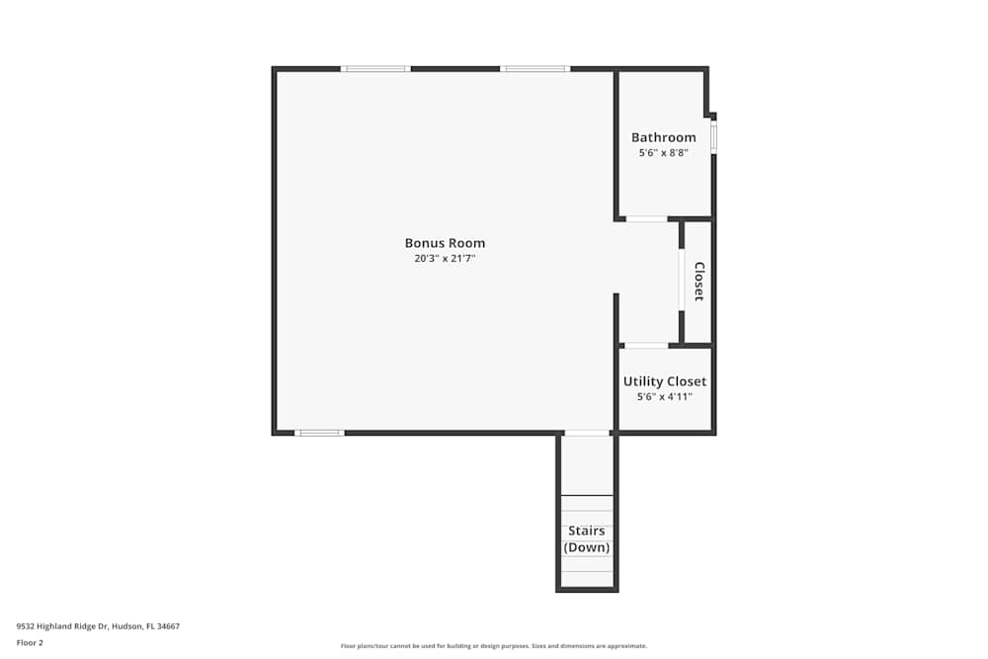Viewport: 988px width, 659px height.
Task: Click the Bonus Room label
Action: coord(445,243)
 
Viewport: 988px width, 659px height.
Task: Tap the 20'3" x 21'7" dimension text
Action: coord(445,259)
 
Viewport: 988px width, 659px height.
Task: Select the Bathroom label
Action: coord(664,137)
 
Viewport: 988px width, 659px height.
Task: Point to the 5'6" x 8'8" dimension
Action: coord(664,153)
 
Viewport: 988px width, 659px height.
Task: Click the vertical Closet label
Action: coord(699,282)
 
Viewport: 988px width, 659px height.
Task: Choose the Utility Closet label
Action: coord(665,381)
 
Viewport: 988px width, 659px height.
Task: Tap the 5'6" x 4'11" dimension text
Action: coord(665,397)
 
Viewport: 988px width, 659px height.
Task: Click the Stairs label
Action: coord(587,532)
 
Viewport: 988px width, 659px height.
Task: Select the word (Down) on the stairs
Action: coord(587,547)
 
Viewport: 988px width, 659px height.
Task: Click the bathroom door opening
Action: coord(647,218)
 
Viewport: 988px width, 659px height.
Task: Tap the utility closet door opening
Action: coord(646,345)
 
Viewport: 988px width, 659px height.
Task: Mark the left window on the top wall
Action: coord(375,68)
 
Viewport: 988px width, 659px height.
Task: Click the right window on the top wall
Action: coord(535,68)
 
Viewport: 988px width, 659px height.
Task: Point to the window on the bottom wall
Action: coord(319,433)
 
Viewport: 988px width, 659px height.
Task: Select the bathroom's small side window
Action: coord(713,136)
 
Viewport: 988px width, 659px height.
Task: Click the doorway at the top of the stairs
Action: coord(587,433)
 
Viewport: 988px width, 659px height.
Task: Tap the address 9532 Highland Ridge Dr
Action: coord(98,625)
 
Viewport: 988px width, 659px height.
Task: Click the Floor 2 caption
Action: coord(30,642)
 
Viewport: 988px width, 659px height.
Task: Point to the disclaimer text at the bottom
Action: coord(494,646)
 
